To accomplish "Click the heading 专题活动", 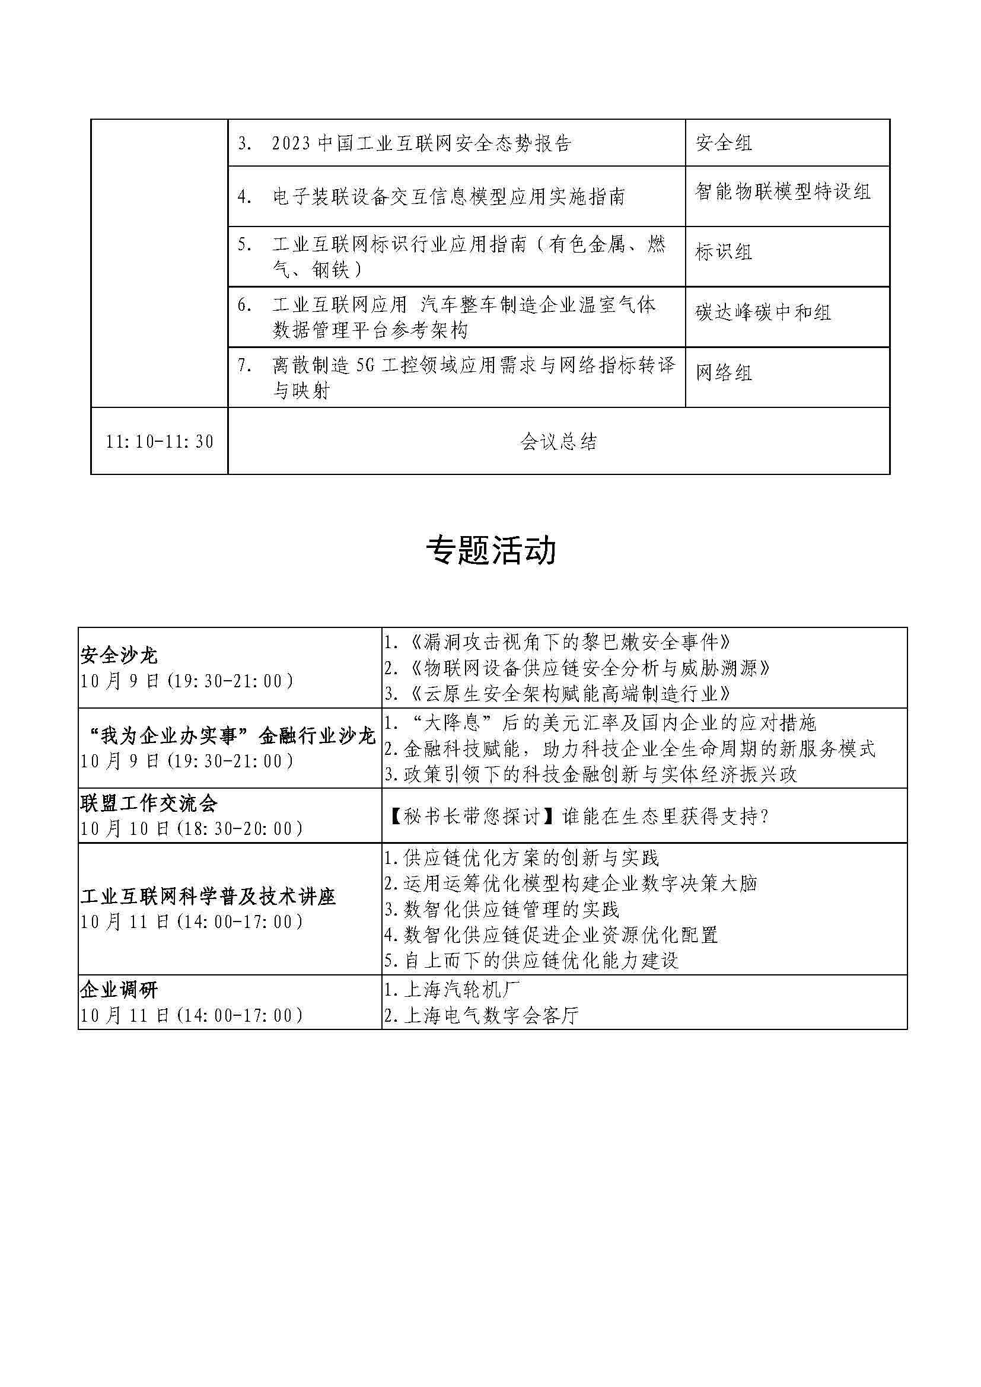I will (x=490, y=550).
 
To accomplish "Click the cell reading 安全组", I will (x=723, y=143).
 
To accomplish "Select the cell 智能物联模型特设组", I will (x=782, y=192).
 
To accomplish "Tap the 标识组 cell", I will (x=723, y=252).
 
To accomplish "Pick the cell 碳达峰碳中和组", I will (x=763, y=313).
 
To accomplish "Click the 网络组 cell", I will (x=723, y=373).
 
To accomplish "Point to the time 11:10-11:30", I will (x=160, y=442).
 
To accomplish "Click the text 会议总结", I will (x=558, y=442).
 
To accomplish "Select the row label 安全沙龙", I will (x=119, y=655).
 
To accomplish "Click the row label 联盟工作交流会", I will (x=149, y=803).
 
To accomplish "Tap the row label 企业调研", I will (x=119, y=990).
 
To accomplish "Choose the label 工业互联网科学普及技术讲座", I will (x=208, y=897).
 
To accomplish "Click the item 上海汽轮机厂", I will (x=452, y=990).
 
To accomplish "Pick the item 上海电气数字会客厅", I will (x=482, y=1015).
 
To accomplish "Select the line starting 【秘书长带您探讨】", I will (x=577, y=817).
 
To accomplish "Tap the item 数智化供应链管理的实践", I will (x=501, y=909).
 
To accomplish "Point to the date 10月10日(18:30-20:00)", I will (x=192, y=829).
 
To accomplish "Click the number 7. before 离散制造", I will (x=244, y=365).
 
